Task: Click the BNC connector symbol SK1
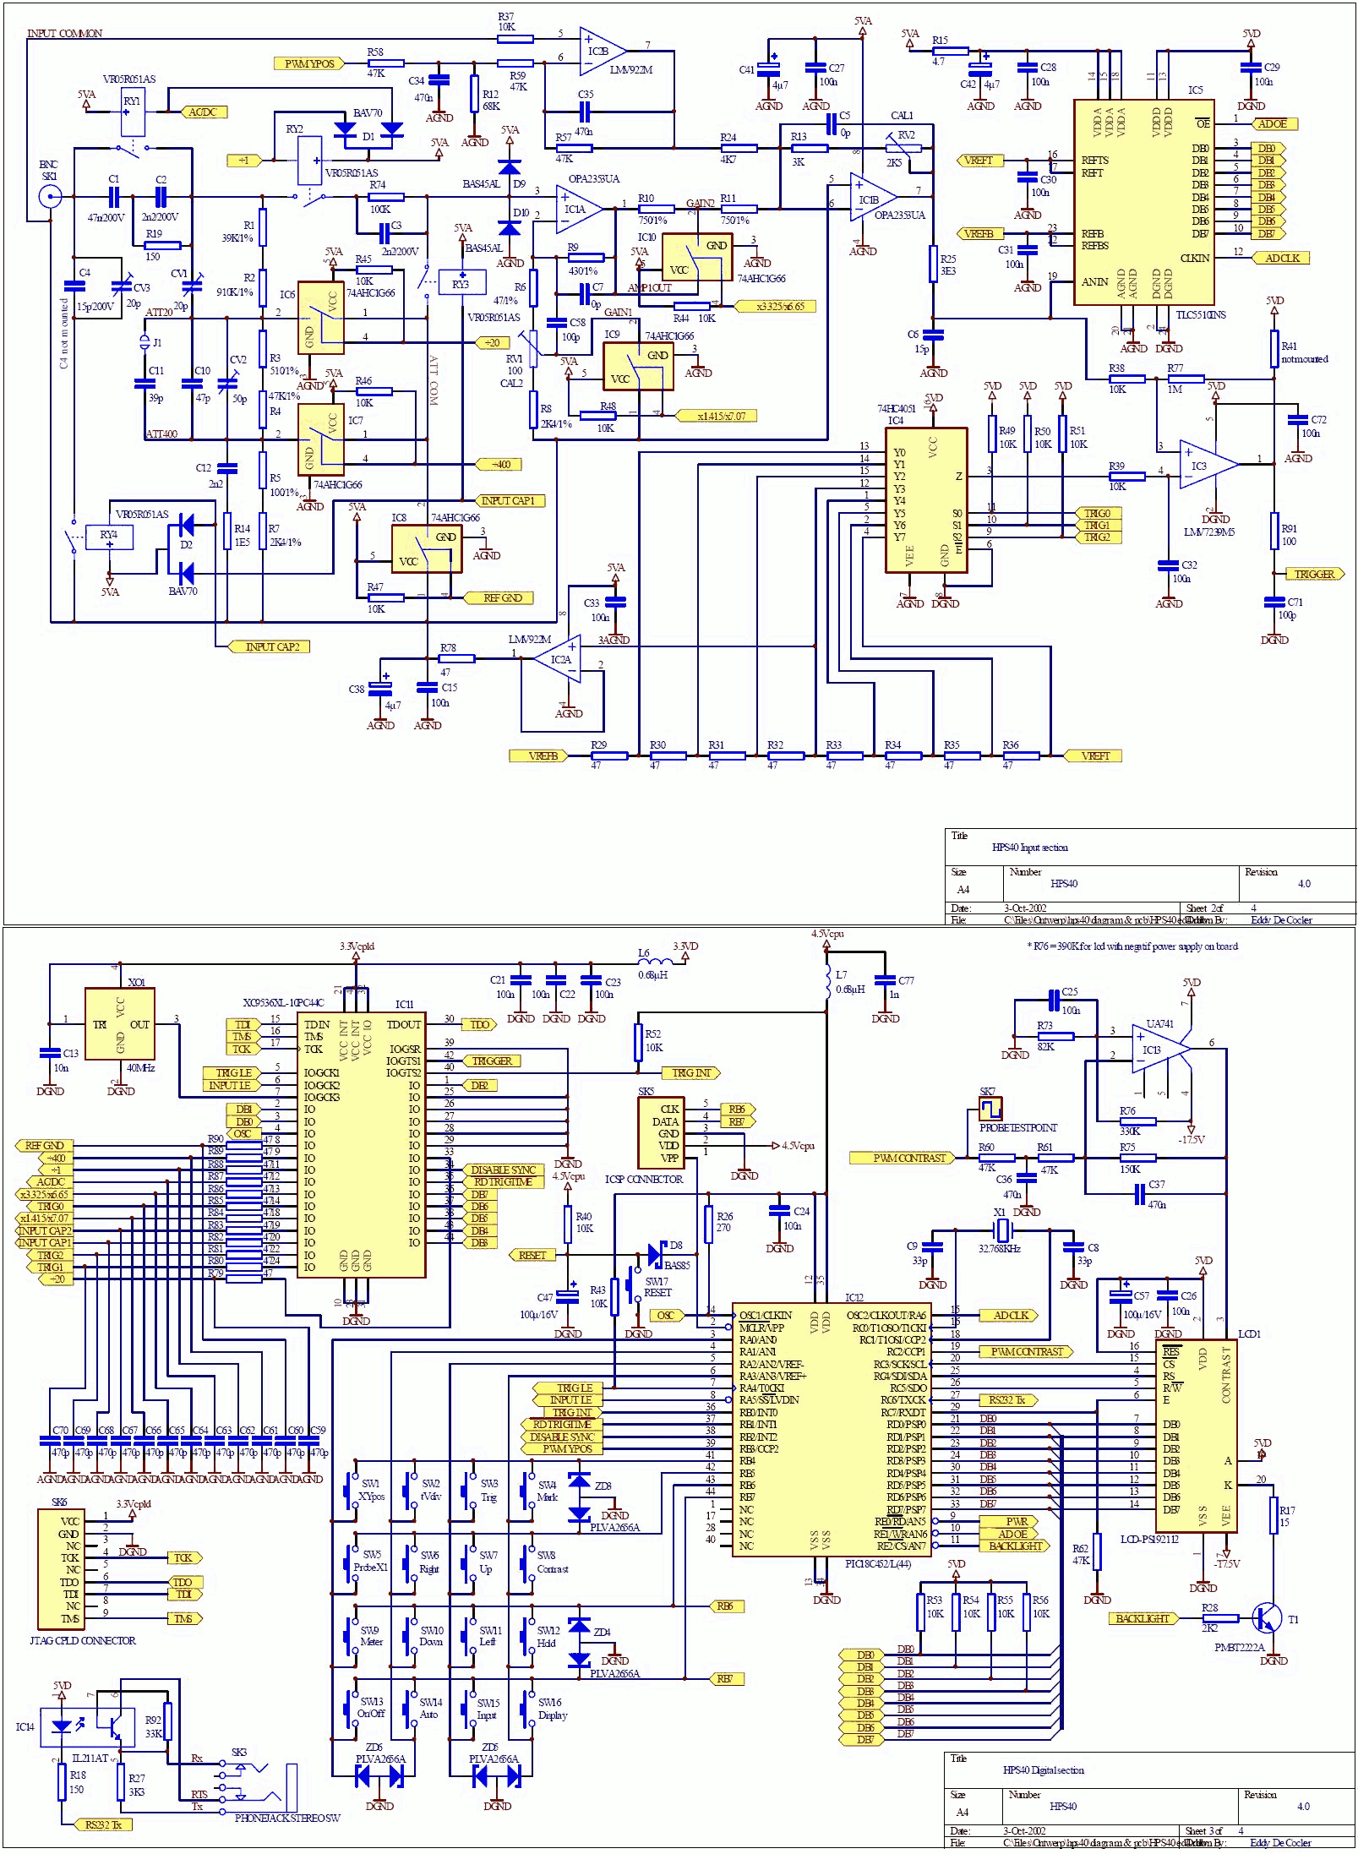pyautogui.click(x=51, y=198)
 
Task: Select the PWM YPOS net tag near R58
pyautogui.click(x=309, y=63)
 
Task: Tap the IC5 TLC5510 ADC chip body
pyautogui.click(x=1143, y=203)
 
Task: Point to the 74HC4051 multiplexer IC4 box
pyautogui.click(x=925, y=499)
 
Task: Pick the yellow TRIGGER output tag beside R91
pyautogui.click(x=1314, y=574)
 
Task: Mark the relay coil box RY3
pyautogui.click(x=461, y=282)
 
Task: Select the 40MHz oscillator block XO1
pyautogui.click(x=119, y=1023)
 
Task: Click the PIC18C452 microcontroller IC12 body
pyautogui.click(x=832, y=1437)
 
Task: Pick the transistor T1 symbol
pyautogui.click(x=1268, y=1617)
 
